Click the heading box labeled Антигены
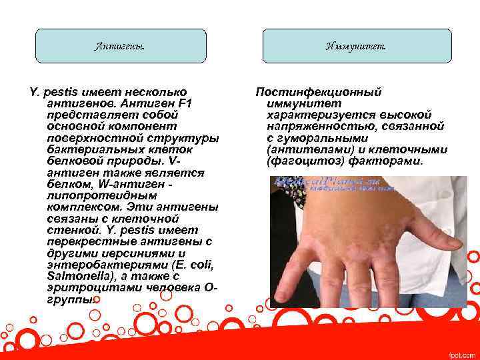tap(121, 46)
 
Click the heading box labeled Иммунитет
tap(356, 46)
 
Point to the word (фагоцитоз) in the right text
tap(299, 161)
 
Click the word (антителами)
tap(299, 150)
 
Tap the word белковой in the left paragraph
tap(74, 161)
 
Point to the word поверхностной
tap(89, 138)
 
